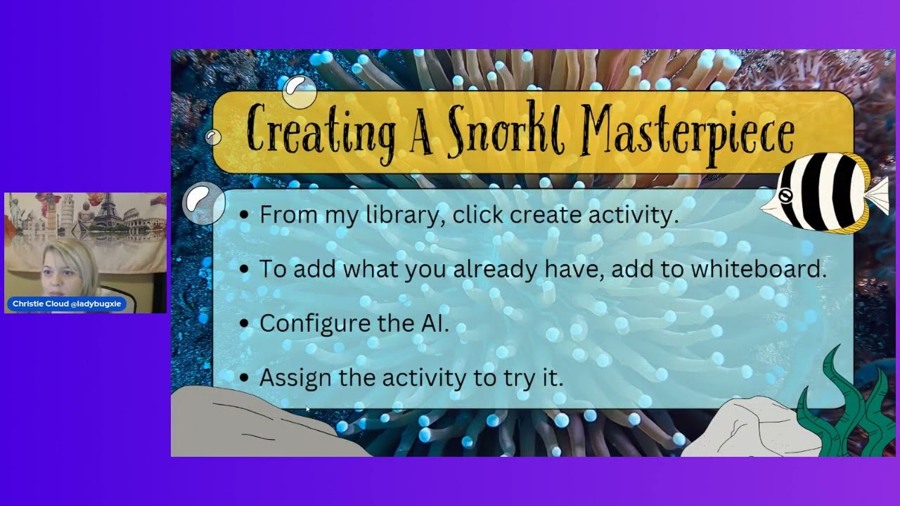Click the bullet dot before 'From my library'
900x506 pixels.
[244, 214]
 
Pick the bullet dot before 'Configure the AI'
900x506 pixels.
[244, 323]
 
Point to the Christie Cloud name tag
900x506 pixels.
[67, 304]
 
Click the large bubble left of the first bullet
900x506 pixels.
[204, 203]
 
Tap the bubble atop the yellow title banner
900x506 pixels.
[300, 91]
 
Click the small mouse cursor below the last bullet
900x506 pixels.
[308, 409]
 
